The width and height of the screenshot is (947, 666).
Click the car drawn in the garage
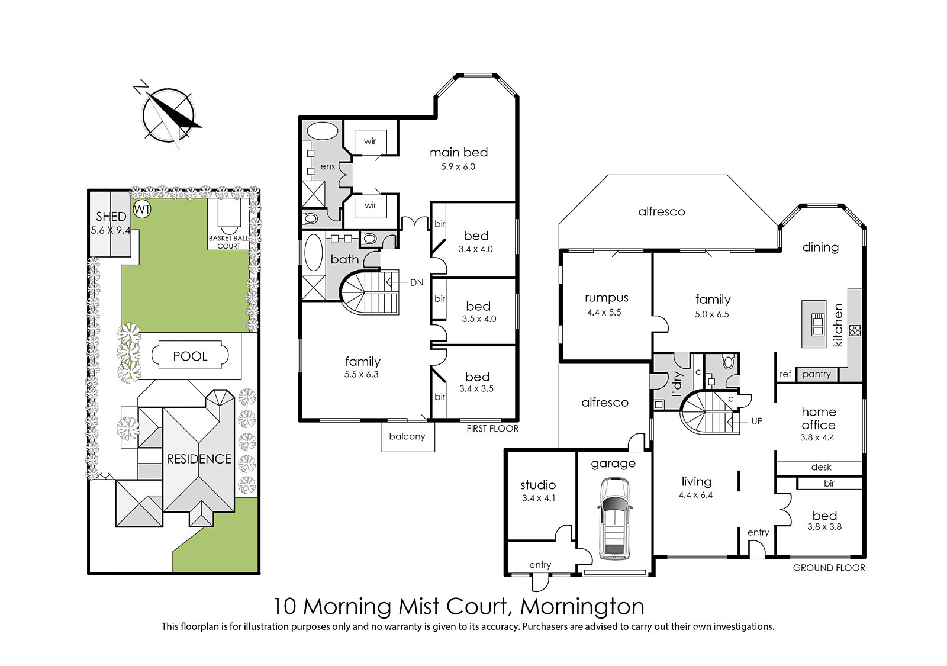click(615, 519)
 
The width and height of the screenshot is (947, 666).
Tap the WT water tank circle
click(142, 210)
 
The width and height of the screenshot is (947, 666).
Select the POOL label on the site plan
click(190, 356)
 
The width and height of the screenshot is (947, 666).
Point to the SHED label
click(111, 217)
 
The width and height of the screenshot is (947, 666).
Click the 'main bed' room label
click(459, 152)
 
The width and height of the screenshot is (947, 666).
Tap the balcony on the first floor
click(408, 437)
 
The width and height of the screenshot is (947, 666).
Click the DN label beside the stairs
click(417, 282)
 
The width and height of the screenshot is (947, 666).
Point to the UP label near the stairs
click(757, 421)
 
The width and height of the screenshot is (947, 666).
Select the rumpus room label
click(607, 298)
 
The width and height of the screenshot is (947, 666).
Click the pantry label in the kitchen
click(816, 374)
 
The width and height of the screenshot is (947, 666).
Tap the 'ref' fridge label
click(785, 374)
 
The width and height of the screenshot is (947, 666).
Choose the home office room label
click(819, 418)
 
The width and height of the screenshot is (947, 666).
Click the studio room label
click(538, 485)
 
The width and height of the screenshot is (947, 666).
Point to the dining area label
click(820, 247)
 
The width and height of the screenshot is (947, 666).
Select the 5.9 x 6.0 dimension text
click(458, 166)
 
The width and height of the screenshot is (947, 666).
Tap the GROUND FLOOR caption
click(829, 568)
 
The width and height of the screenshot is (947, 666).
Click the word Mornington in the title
click(582, 606)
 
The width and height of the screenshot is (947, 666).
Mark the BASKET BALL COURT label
click(228, 242)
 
